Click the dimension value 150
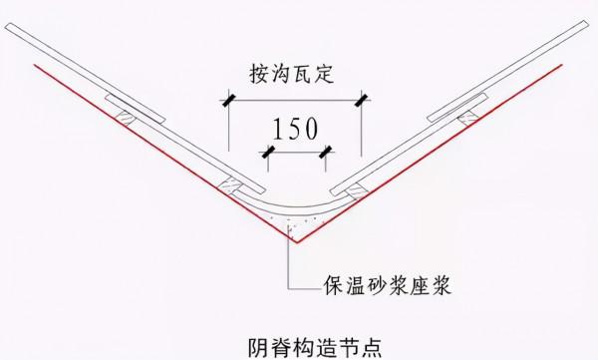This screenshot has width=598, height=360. pyautogui.click(x=296, y=129)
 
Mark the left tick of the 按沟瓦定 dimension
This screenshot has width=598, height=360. pyautogui.click(x=229, y=100)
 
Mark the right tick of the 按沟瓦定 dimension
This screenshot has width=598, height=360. pyautogui.click(x=363, y=100)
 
